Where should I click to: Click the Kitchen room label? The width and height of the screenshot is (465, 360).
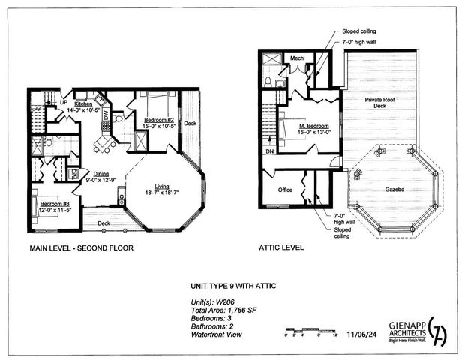[x=83, y=103]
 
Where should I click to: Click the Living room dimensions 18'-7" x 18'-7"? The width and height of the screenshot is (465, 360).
[x=163, y=193]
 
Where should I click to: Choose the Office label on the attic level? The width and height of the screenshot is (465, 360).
[x=284, y=190]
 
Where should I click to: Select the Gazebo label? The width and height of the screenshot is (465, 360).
[x=390, y=190]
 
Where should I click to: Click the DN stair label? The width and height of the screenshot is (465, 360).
[x=269, y=153]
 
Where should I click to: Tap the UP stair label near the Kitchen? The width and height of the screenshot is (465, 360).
[x=64, y=103]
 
